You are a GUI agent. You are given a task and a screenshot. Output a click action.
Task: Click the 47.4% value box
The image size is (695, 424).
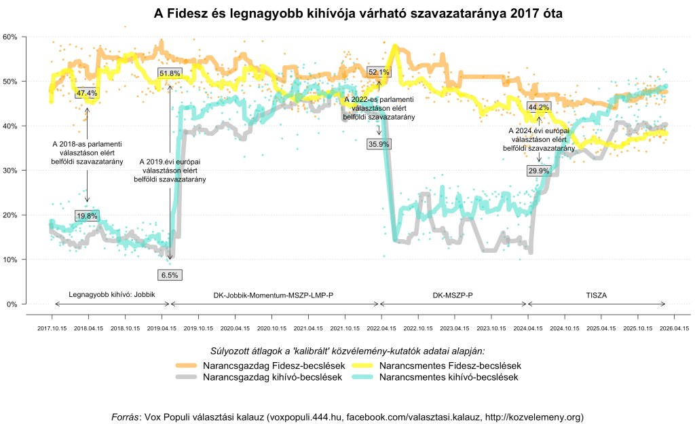[87, 93]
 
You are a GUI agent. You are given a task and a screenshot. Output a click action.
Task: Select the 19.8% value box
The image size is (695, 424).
[87, 216]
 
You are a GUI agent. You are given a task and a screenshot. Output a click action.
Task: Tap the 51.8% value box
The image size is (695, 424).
[170, 73]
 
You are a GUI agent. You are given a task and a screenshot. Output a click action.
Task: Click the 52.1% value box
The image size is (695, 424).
[379, 72]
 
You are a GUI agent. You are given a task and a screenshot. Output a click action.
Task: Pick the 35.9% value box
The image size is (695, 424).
[379, 144]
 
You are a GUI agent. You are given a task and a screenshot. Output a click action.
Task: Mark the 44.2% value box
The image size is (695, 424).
[539, 107]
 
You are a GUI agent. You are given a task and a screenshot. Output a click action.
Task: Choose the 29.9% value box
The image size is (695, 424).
[538, 171]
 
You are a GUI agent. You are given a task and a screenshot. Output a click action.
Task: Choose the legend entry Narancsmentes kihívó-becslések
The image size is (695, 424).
[449, 377]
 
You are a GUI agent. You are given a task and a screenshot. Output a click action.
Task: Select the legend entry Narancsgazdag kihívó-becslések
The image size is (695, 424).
[271, 377]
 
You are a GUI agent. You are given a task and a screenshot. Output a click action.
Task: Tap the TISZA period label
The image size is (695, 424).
[597, 296]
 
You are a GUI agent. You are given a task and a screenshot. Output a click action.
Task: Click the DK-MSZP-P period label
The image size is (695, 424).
[453, 296]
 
